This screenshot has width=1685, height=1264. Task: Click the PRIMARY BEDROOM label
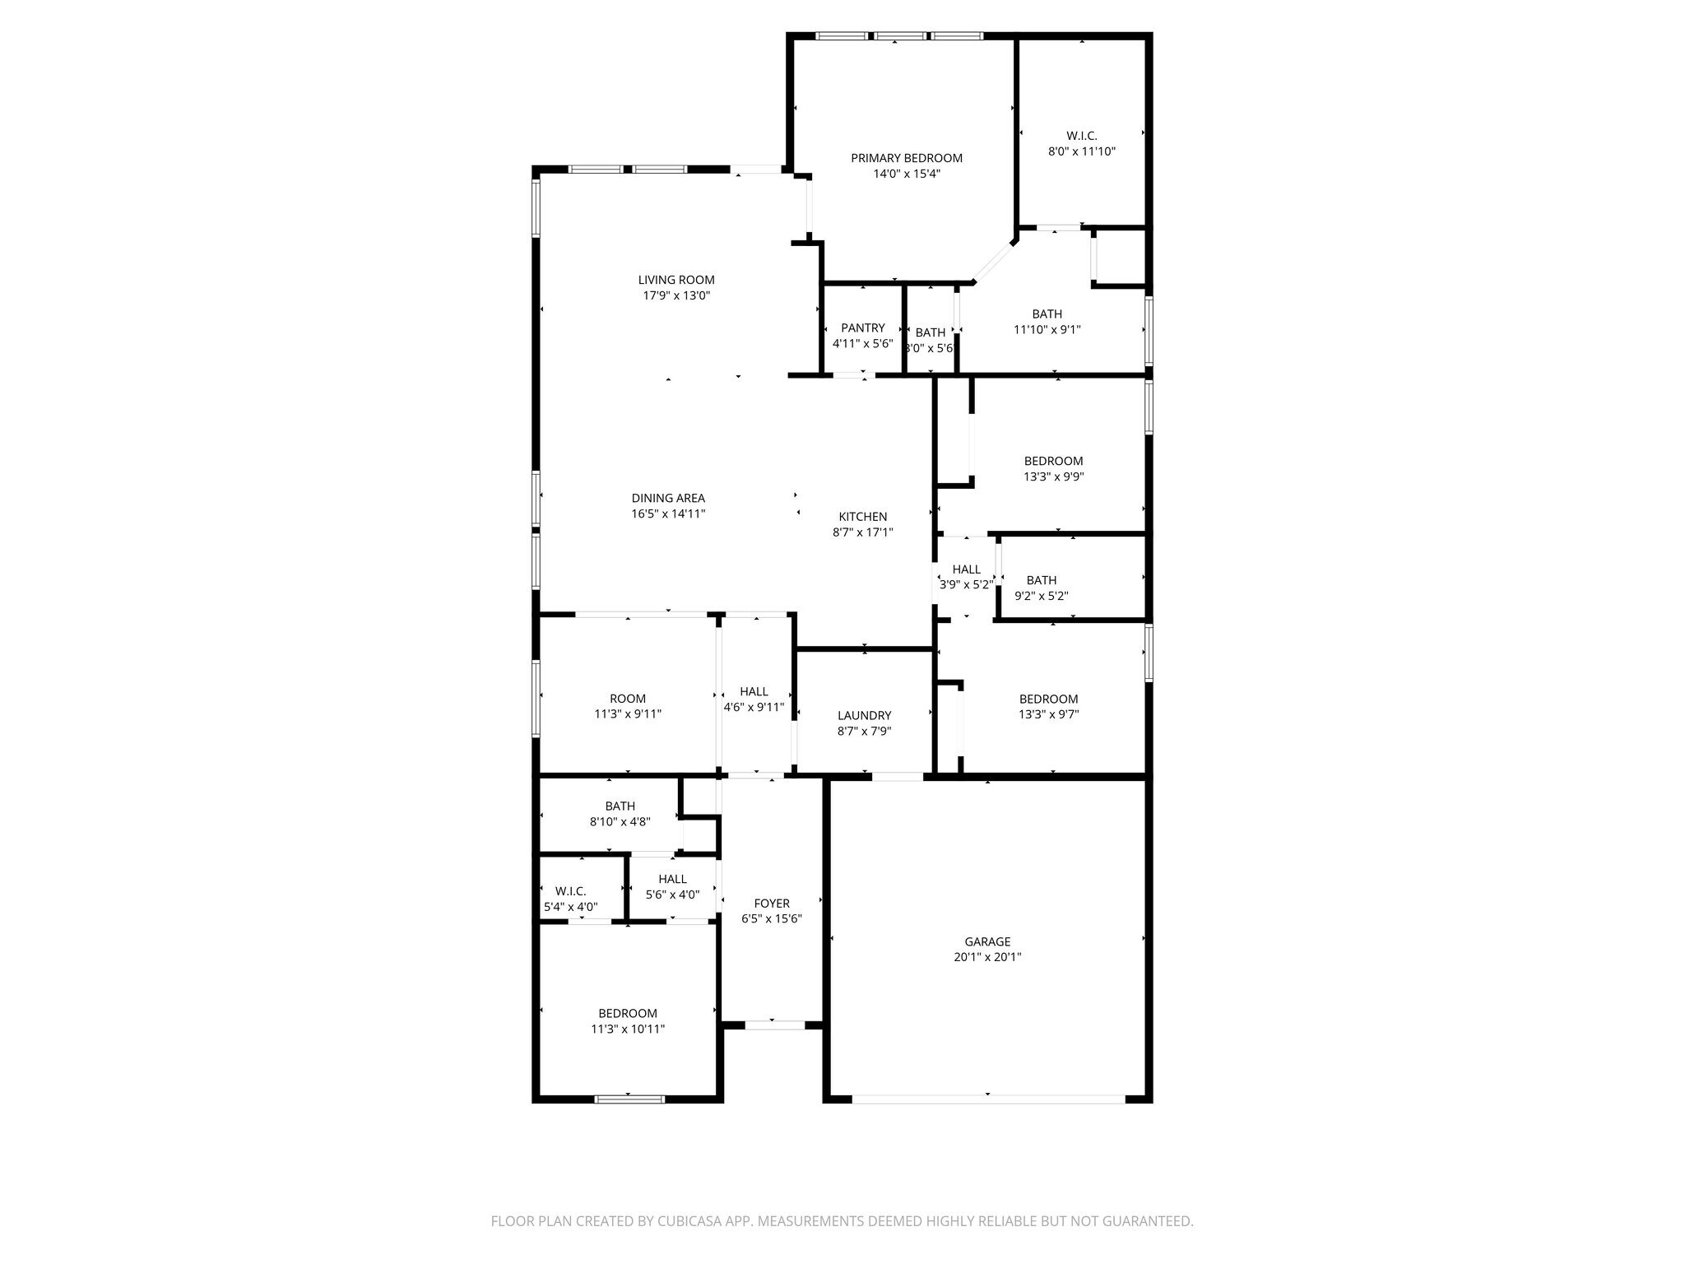906,158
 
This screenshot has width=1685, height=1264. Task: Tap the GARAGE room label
987,941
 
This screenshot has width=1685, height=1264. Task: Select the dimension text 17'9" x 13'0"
676,295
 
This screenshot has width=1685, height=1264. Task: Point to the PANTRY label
862,328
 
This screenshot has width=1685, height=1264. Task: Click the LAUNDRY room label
864,715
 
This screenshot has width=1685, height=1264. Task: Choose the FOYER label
771,904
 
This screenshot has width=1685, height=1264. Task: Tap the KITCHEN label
862,517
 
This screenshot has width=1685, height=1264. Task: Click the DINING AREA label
668,498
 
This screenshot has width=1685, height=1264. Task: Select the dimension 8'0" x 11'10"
1081,151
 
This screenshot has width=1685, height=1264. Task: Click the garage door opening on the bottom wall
987,1099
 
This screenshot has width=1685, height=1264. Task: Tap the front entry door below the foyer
774,1025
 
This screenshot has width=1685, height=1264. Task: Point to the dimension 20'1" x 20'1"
987,957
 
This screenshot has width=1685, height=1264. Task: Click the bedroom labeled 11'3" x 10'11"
628,1020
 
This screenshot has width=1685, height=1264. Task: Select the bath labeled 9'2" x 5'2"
1041,588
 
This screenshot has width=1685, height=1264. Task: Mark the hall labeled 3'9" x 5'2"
966,576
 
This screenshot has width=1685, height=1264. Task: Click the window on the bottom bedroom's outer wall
629,1099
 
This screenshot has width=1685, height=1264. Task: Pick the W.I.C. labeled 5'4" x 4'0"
570,899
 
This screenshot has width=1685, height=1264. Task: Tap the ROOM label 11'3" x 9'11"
628,706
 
